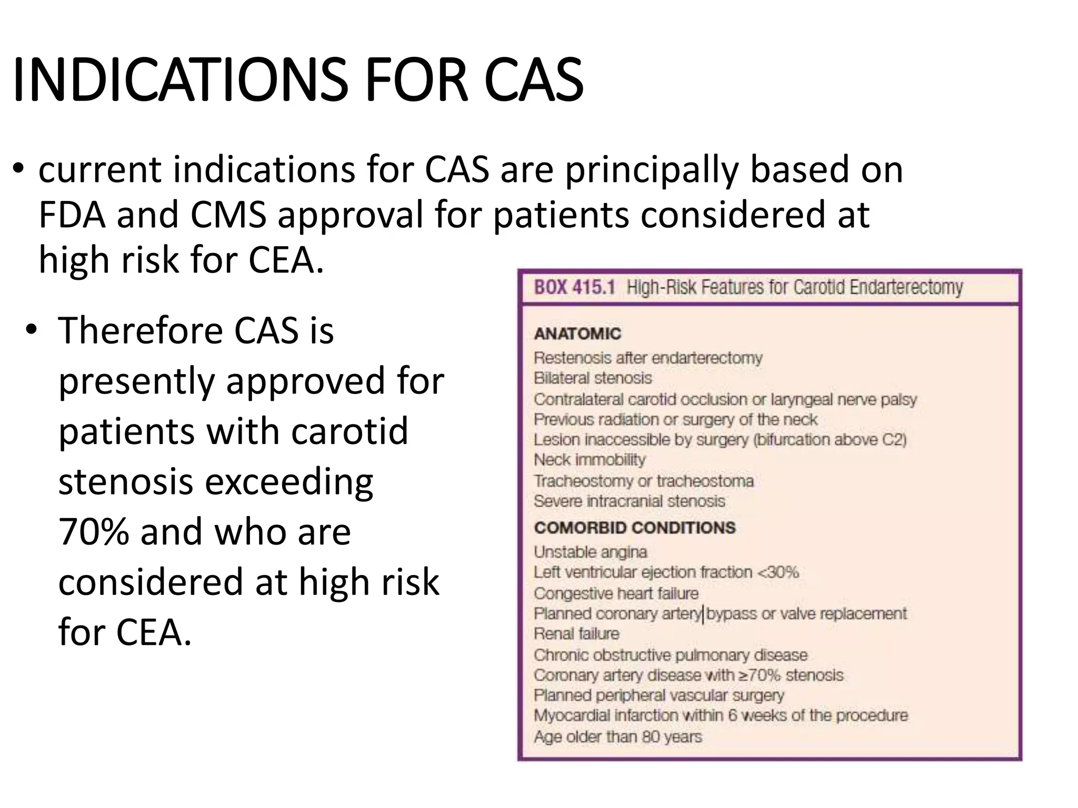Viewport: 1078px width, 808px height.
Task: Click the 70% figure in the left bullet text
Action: [94, 532]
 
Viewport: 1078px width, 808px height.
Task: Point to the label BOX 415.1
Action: [574, 288]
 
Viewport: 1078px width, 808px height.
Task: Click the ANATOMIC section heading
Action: [577, 334]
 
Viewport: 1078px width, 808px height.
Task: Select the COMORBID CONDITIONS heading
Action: [634, 528]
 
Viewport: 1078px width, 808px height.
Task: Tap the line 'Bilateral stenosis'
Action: [593, 378]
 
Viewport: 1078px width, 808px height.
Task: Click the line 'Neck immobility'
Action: [590, 460]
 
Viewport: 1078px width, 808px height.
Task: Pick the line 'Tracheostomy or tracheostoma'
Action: [643, 481]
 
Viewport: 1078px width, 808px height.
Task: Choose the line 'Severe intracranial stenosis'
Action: [629, 501]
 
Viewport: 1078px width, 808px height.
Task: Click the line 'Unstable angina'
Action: [590, 552]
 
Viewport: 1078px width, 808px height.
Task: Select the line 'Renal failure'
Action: [576, 634]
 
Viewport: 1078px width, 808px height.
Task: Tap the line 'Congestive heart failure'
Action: [616, 593]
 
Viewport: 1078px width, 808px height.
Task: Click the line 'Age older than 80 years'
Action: [618, 737]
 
